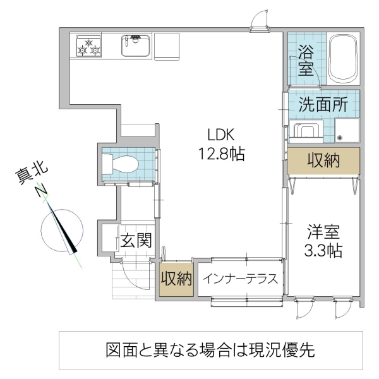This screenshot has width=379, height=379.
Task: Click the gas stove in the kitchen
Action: pos(89,46)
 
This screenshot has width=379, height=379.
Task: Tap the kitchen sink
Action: pos(135,45)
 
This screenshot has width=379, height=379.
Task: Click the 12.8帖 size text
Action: pos(220,153)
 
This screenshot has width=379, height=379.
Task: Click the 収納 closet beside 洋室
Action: pos(323,161)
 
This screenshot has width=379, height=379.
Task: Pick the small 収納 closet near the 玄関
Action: pos(176,279)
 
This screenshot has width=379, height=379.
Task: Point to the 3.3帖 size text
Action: pos(323,251)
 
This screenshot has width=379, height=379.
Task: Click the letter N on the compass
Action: pos(42,191)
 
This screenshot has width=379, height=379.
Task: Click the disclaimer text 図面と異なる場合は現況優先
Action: pos(211,350)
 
